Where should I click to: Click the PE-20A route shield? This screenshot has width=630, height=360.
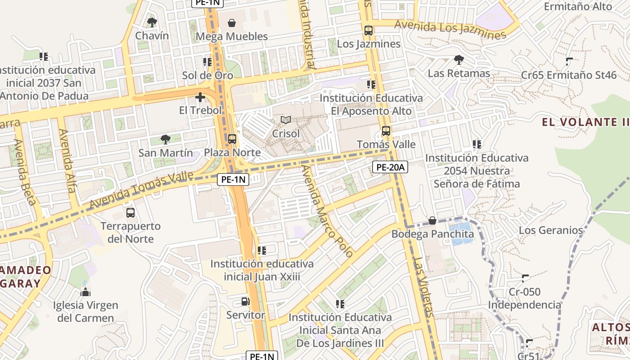pyautogui.click(x=390, y=167)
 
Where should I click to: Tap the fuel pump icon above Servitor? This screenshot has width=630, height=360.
pyautogui.click(x=245, y=301)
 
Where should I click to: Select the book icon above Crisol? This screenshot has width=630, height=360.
pyautogui.click(x=286, y=120)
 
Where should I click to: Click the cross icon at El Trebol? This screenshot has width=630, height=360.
pyautogui.click(x=200, y=97)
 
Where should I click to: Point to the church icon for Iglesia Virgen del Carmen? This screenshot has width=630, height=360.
pyautogui.click(x=85, y=292)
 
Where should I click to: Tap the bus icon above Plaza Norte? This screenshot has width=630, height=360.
pyautogui.click(x=232, y=139)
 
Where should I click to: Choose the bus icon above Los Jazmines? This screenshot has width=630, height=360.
pyautogui.click(x=369, y=31)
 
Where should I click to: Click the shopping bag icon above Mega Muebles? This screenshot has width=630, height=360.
pyautogui.click(x=232, y=23)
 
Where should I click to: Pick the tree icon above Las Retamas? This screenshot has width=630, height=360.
pyautogui.click(x=459, y=59)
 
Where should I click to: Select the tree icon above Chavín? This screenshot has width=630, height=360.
pyautogui.click(x=152, y=22)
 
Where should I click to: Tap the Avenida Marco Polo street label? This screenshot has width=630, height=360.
pyautogui.click(x=327, y=211)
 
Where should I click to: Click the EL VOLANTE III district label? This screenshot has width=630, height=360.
pyautogui.click(x=585, y=122)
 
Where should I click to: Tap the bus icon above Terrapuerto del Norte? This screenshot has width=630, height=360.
pyautogui.click(x=130, y=213)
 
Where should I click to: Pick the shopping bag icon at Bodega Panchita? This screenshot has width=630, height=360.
pyautogui.click(x=432, y=220)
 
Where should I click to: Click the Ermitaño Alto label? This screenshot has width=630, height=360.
pyautogui.click(x=578, y=7)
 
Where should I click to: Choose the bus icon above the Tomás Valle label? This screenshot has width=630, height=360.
pyautogui.click(x=386, y=131)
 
